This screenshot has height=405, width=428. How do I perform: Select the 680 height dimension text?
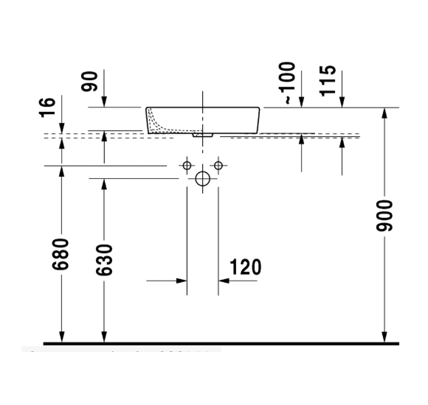point(63,254)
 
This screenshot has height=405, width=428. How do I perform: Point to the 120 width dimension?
point(246,267)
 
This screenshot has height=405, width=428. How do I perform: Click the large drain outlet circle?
point(203,178)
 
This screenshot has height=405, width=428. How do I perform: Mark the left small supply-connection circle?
point(187,163)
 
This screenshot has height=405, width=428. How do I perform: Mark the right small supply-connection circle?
point(218,163)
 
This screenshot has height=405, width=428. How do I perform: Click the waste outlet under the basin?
point(201,135)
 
